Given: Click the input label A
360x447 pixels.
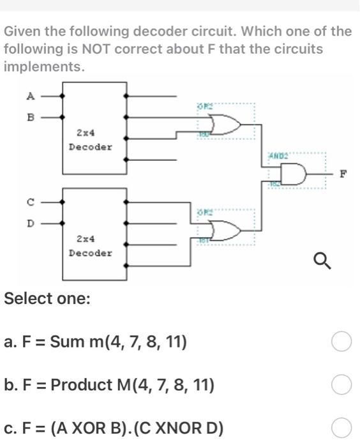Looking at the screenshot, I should [29, 96].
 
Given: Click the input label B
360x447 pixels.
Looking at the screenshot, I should [29, 117].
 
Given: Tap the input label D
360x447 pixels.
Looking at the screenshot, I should [29, 223].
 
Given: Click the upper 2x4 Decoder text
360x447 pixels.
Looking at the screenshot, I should [90, 140].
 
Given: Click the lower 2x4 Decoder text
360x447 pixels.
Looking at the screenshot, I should [90, 246].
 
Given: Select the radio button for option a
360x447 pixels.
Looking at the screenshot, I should [341, 343].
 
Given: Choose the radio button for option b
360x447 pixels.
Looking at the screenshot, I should [341, 385].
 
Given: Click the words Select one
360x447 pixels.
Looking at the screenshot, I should [47, 298].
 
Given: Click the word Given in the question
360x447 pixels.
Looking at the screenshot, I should [23, 31].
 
